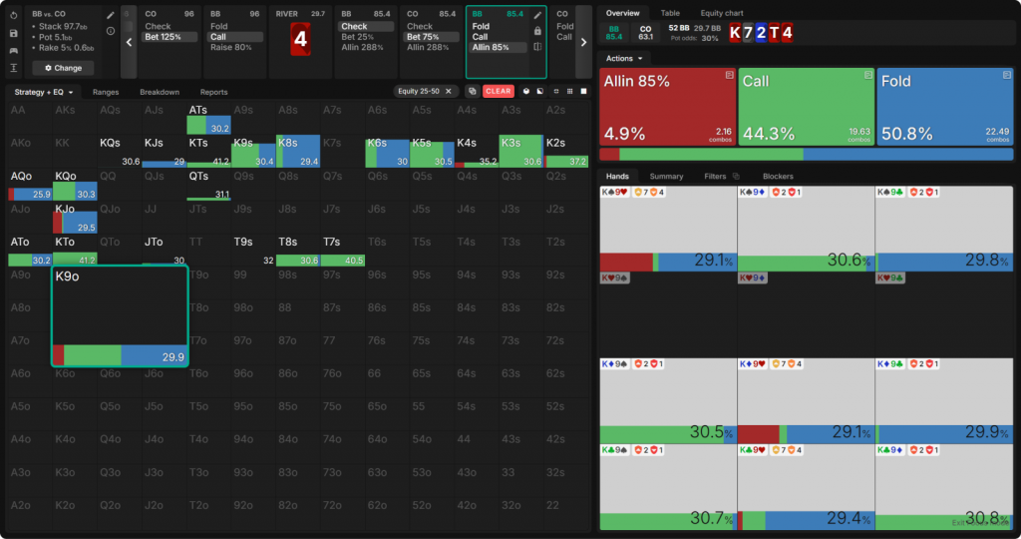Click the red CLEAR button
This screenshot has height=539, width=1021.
coord(498,91)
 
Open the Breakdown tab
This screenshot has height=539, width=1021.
coord(160,92)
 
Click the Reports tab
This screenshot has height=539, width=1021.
coord(213,92)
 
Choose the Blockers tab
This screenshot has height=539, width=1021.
coord(777,177)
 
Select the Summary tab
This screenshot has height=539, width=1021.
coord(667,177)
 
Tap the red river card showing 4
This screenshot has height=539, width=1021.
coord(300,40)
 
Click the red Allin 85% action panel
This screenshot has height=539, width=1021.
coord(667,107)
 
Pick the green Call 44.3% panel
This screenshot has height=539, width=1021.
coord(806,107)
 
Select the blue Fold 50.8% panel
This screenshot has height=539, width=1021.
coord(944,107)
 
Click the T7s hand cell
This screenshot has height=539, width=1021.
coord(344,251)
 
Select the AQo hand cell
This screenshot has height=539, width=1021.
coord(29,186)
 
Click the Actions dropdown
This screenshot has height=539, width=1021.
coord(624,59)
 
